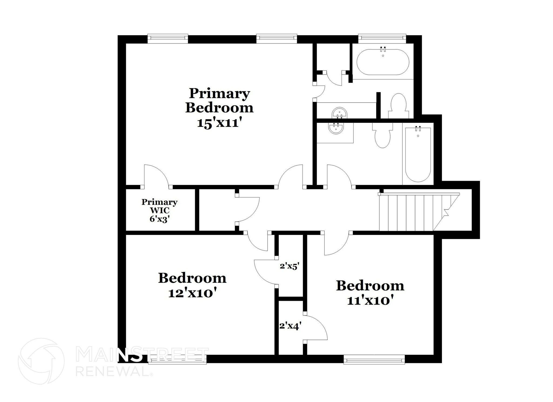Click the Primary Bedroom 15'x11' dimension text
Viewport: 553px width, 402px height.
coord(219,123)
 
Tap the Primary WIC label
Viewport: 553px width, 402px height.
coord(159,202)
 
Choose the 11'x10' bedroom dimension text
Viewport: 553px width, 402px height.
coord(369,300)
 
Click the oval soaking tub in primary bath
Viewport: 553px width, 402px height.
coord(383,62)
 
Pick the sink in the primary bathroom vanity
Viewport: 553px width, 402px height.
coord(339,113)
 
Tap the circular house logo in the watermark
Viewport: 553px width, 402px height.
coord(41,361)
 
